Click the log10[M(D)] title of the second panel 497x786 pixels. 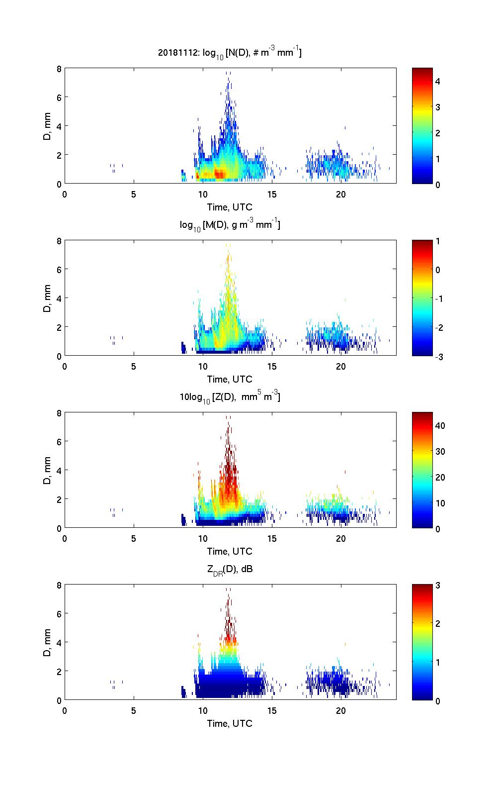coord(230,225)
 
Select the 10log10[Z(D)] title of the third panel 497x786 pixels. coord(230,397)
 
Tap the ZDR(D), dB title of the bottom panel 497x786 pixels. coord(230,569)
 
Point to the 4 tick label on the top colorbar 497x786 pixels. coord(438,81)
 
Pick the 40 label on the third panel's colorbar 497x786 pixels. coord(440,425)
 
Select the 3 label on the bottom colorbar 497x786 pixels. coord(438,585)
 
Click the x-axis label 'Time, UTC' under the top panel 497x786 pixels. coord(230,207)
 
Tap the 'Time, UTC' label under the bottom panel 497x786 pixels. coord(230,723)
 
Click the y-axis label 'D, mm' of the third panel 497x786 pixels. coord(47,470)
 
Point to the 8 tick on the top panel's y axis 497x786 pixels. coord(59,69)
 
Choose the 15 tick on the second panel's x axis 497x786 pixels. coord(272,366)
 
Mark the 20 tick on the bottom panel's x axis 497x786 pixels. coord(341,710)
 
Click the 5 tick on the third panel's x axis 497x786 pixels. coord(134,538)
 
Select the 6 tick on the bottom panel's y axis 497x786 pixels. coord(59,614)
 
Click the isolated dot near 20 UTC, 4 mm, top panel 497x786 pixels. coord(345,128)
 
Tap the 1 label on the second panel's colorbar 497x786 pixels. coord(438,241)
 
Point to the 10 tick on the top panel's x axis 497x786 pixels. coord(203,194)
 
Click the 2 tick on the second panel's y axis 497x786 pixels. coord(59,327)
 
